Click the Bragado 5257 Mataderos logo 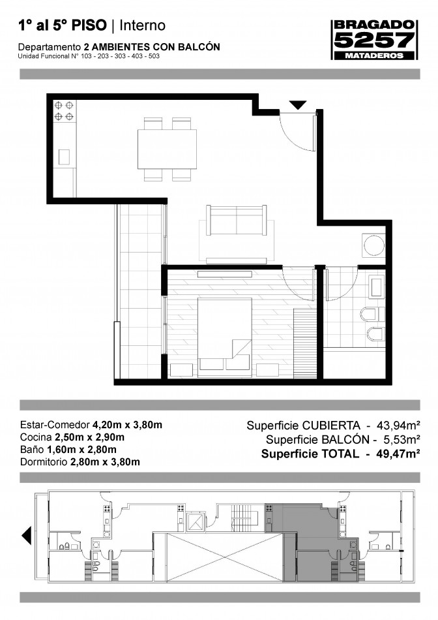(374, 40)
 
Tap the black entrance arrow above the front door (298, 105)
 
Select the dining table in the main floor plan (167, 149)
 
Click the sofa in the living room (237, 220)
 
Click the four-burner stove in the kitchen (65, 111)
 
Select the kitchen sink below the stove (65, 157)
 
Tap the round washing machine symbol (373, 245)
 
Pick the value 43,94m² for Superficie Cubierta (398, 426)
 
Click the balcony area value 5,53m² (401, 439)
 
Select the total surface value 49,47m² (398, 454)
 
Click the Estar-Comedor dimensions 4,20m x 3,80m (127, 425)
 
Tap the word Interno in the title (142, 25)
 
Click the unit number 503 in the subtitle (154, 56)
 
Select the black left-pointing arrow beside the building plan (27, 536)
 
